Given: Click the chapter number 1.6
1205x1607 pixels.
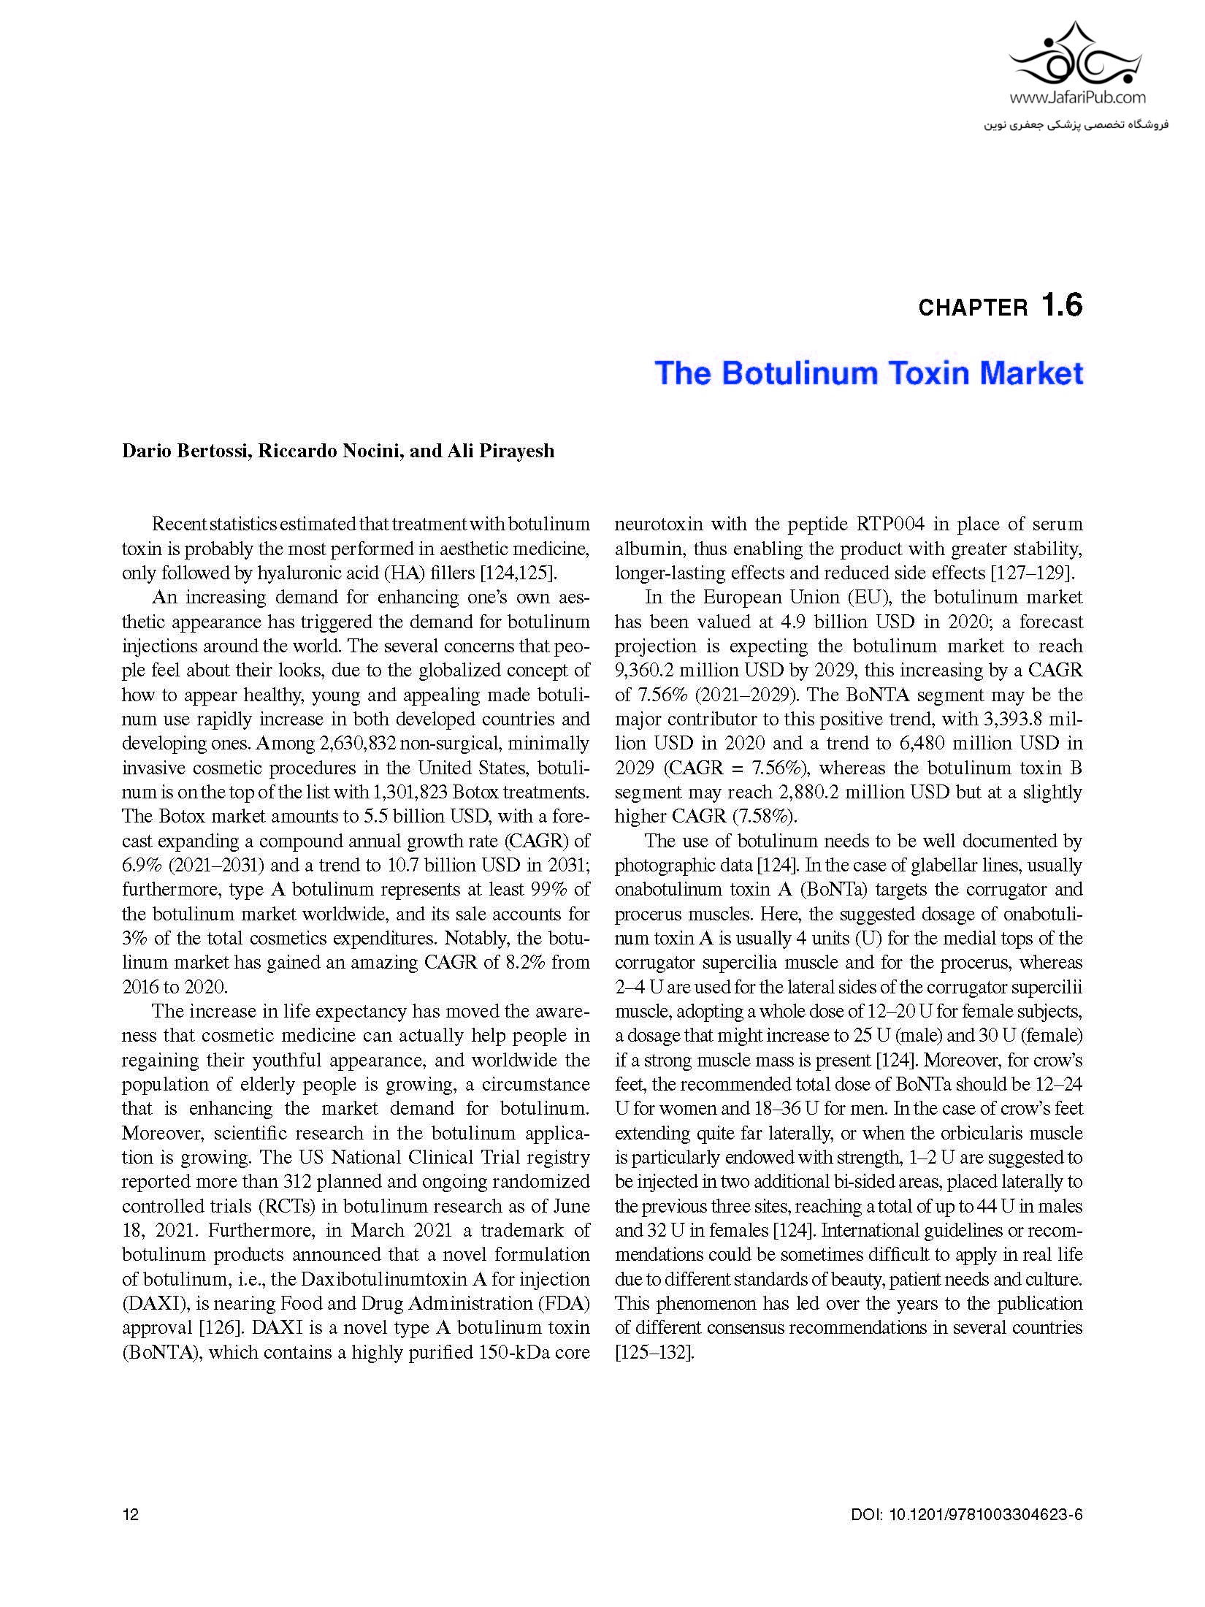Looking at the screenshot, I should point(1062,305).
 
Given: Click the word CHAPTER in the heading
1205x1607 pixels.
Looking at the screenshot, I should point(973,308).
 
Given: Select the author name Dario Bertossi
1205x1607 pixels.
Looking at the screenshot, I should point(186,451).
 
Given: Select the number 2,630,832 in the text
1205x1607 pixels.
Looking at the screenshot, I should point(357,744).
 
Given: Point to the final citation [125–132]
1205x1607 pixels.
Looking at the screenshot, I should point(654,1352).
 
